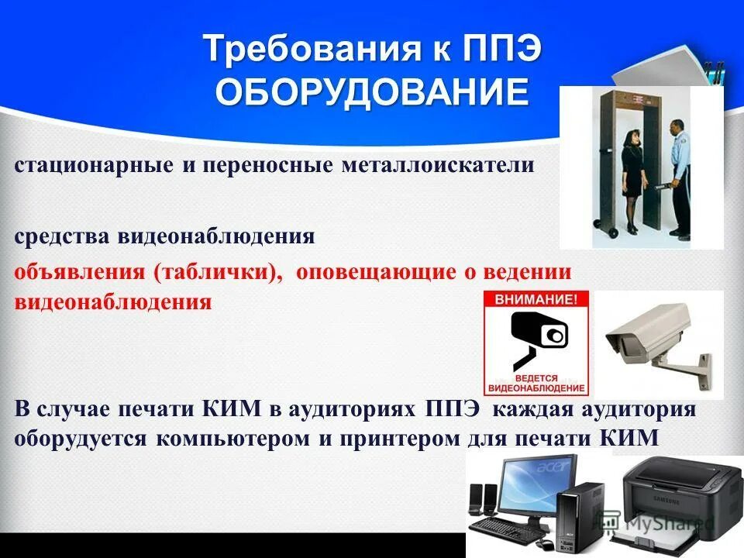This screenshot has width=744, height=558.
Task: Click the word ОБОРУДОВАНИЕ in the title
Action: (372, 93)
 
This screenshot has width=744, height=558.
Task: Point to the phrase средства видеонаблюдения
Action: (164, 236)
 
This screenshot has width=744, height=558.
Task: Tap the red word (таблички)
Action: (218, 272)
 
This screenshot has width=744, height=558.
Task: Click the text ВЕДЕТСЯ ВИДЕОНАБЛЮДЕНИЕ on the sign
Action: (536, 381)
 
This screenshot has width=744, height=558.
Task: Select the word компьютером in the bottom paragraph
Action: (232, 438)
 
